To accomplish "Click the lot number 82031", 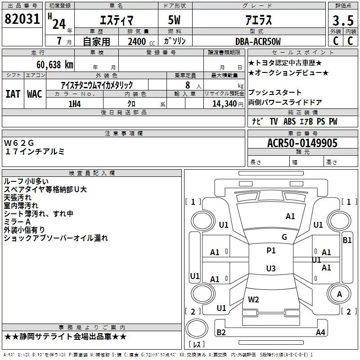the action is click(x=22, y=19).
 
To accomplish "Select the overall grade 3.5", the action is click(x=343, y=20).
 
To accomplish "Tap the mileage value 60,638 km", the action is click(x=55, y=65).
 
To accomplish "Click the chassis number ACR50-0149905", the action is click(x=302, y=143).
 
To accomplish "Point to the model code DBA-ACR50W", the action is click(x=258, y=41).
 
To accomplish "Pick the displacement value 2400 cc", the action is click(x=141, y=41).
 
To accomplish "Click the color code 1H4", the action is click(x=75, y=104).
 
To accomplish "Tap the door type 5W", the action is click(x=175, y=20).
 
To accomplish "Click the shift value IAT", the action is click(x=13, y=94).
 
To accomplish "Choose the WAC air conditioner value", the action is click(x=35, y=94).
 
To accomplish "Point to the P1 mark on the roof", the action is click(x=271, y=251).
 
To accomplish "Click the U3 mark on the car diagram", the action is click(x=271, y=268).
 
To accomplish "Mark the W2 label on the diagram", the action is click(x=253, y=299).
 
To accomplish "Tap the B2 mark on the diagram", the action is click(x=221, y=332).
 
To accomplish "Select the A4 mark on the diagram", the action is click(x=320, y=332).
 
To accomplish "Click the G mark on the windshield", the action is click(x=284, y=237).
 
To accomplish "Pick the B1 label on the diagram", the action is click(x=347, y=240).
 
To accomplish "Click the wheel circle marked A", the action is click(x=339, y=284).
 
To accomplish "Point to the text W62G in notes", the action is click(x=19, y=143).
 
